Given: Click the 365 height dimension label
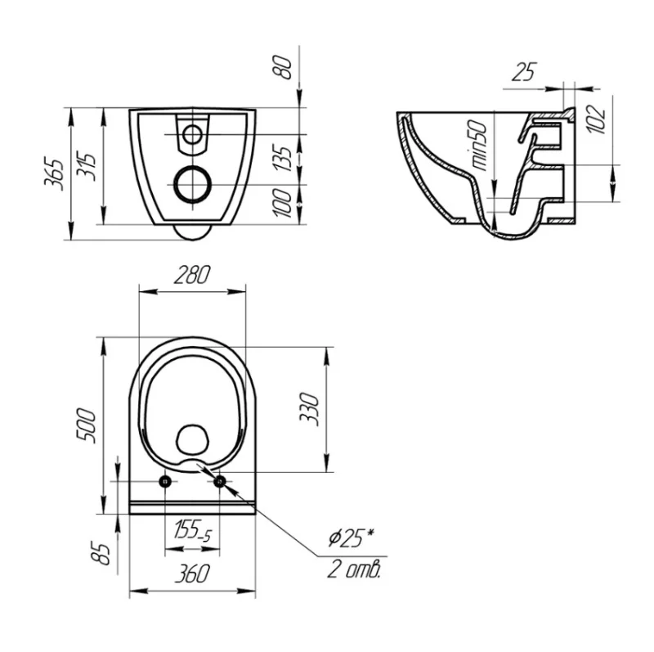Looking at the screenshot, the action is coord(54,173).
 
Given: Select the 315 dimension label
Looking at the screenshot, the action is coord(87,167).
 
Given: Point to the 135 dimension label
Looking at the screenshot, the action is coord(282,159).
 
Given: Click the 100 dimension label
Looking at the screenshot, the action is coord(282,203).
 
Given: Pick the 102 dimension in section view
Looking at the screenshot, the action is coord(598,119).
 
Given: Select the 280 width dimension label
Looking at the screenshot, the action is coord(191,275).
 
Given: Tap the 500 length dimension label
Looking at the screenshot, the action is coord(87,425).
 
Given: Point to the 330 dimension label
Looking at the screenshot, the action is coord(310,409).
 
